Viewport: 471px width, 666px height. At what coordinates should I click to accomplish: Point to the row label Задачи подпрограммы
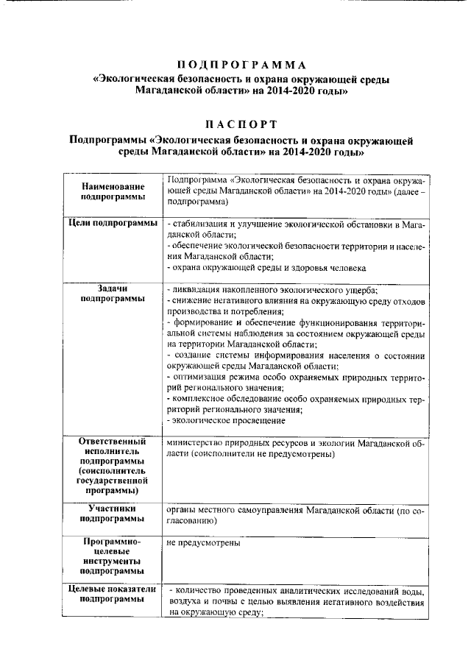[x=112, y=294]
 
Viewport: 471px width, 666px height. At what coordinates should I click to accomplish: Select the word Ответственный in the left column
[x=113, y=442]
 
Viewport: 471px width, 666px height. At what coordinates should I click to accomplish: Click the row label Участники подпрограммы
[x=112, y=513]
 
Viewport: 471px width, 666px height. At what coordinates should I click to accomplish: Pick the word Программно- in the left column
[x=113, y=543]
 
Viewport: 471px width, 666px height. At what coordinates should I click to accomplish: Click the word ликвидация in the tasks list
[x=195, y=291]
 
